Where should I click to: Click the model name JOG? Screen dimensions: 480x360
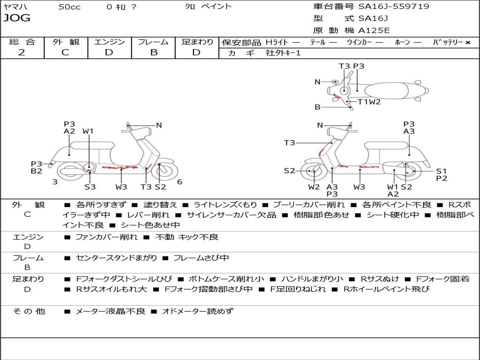[x=16, y=18]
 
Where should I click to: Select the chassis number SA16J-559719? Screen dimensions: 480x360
[x=393, y=7]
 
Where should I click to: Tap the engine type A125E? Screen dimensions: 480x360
[x=374, y=30]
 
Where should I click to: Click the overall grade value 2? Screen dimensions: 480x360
[x=22, y=52]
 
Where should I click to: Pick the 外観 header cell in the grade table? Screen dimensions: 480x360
[x=66, y=42]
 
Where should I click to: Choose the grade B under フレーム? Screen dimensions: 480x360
[x=153, y=52]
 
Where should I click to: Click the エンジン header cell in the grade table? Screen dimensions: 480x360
[x=109, y=42]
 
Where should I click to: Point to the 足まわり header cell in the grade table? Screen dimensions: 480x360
[x=197, y=42]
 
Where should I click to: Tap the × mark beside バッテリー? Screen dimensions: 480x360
[x=468, y=42]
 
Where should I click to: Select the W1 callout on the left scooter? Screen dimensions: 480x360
[x=88, y=131]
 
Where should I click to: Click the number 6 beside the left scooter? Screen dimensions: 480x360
[x=180, y=182]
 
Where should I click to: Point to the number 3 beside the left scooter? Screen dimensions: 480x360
[x=55, y=182]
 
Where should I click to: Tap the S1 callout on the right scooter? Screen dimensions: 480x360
[x=442, y=171]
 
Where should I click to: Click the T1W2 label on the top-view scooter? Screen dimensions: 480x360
[x=369, y=101]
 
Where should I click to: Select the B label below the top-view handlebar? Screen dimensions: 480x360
[x=317, y=107]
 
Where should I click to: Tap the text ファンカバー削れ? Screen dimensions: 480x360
[x=106, y=237]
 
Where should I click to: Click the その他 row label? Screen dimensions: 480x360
[x=29, y=311]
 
